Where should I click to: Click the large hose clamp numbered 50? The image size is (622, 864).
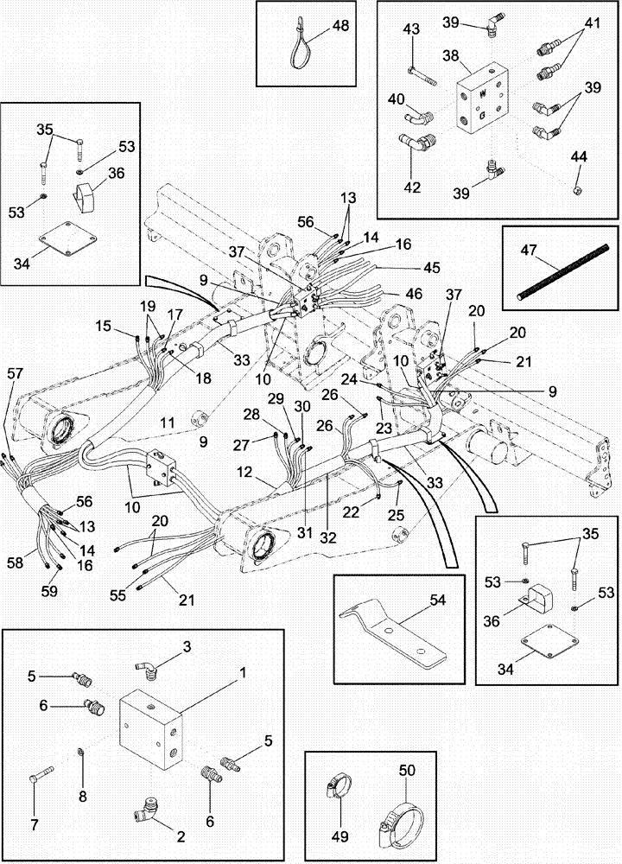[x=398, y=817]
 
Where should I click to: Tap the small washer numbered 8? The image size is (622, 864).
[x=80, y=748]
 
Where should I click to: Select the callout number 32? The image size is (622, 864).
[x=328, y=535]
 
